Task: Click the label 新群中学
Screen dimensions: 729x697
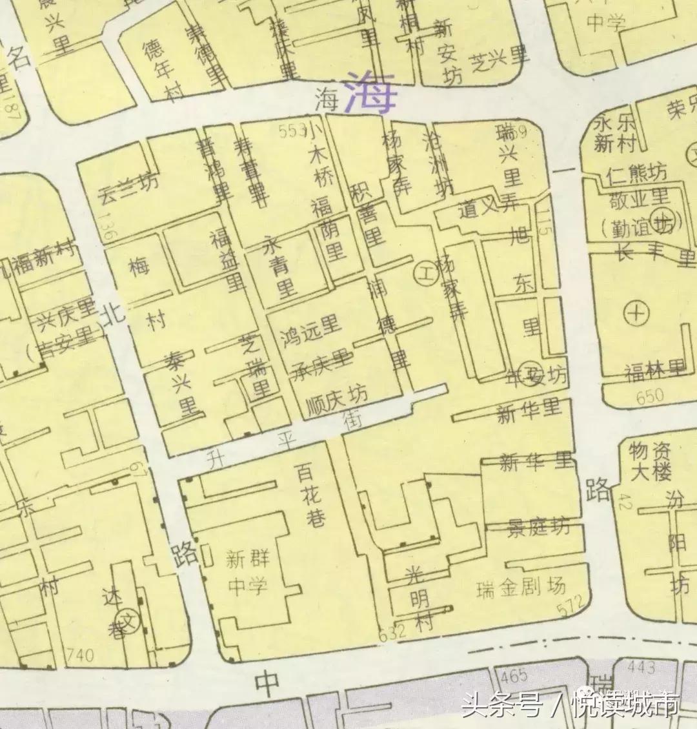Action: click(x=247, y=572)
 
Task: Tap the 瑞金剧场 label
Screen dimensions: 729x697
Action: click(x=521, y=588)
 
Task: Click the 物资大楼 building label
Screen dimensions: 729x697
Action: click(x=651, y=461)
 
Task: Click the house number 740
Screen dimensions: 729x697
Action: click(x=80, y=656)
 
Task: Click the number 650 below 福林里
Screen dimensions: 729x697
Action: click(x=649, y=397)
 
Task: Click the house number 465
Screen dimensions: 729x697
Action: click(x=514, y=676)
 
